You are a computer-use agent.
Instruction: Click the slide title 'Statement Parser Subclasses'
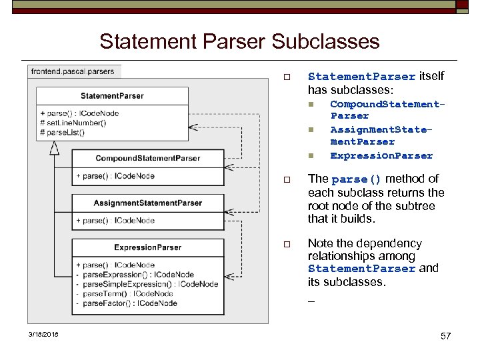[239, 42]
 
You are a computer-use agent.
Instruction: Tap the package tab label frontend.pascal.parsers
[72, 71]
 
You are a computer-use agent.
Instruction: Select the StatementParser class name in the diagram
[112, 96]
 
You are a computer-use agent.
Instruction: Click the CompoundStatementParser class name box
[147, 158]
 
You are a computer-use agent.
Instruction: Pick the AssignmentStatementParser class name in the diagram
[147, 203]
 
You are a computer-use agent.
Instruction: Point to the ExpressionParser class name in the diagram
[147, 247]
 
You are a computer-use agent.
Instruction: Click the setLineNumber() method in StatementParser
[73, 123]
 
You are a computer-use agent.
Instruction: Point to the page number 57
[446, 336]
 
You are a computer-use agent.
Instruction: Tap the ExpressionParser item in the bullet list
[381, 156]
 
